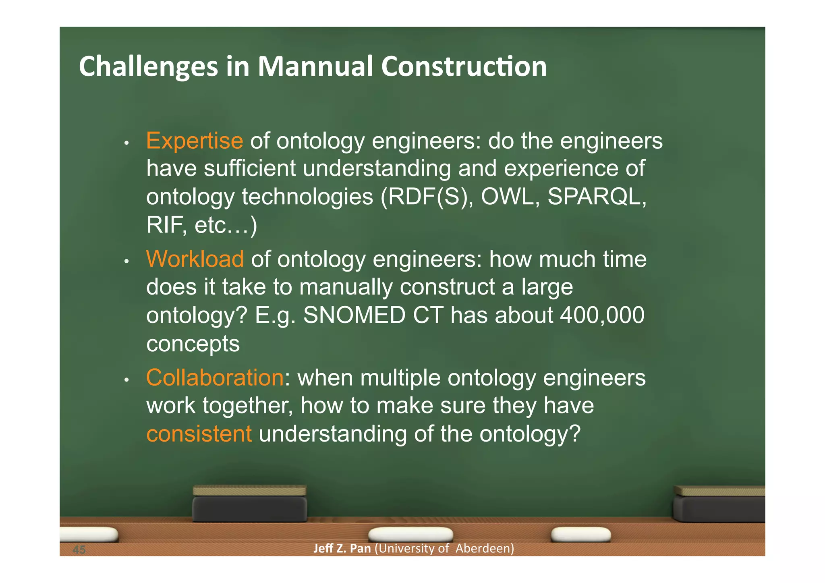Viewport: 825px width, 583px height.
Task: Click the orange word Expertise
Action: tap(195, 141)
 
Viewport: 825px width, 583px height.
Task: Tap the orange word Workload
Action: tap(195, 259)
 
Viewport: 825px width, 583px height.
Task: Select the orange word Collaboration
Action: tap(215, 378)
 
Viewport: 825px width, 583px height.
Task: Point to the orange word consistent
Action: tap(199, 434)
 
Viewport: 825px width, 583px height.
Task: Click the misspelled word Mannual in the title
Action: tap(315, 66)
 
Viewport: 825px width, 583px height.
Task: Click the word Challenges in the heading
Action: tap(148, 67)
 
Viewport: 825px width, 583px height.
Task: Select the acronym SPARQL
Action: tap(597, 197)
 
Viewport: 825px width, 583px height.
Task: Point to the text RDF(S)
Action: tap(427, 197)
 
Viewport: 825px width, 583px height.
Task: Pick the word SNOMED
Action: tap(354, 315)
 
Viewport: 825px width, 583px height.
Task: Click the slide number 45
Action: tap(79, 550)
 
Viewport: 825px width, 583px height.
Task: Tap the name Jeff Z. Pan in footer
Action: tap(342, 548)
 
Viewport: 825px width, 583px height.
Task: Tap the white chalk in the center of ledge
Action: tap(410, 534)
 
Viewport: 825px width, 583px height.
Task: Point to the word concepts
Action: tap(193, 344)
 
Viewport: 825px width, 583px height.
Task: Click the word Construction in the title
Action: tap(464, 66)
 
